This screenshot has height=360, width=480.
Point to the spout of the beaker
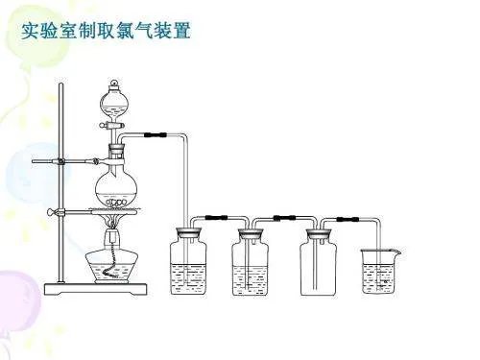(396, 252)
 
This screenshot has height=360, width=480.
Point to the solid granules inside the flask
(117, 201)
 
